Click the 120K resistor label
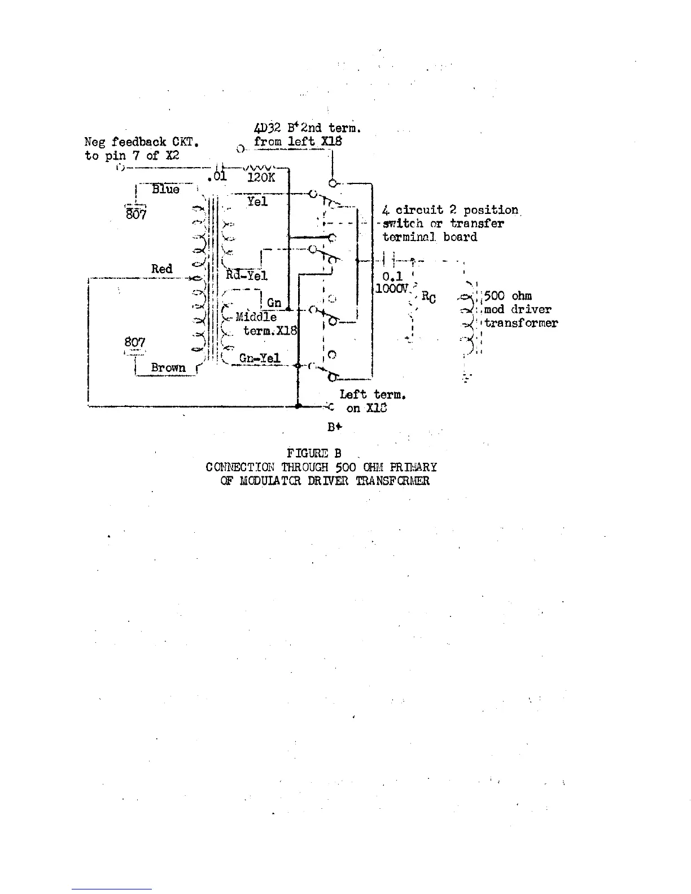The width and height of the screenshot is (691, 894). [261, 177]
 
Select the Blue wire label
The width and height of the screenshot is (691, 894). [165, 190]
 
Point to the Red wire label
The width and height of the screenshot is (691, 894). [161, 269]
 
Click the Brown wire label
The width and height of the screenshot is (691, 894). [168, 367]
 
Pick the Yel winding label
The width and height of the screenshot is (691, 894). [257, 201]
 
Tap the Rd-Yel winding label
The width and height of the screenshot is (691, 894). [247, 275]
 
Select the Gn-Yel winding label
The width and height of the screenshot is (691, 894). [260, 358]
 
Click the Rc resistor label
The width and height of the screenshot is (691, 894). [428, 297]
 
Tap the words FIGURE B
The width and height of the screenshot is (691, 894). [314, 453]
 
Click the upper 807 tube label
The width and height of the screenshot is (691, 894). [135, 214]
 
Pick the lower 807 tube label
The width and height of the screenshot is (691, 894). [135, 342]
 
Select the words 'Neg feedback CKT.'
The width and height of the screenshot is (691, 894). [141, 142]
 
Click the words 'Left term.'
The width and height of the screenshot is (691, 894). [373, 395]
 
